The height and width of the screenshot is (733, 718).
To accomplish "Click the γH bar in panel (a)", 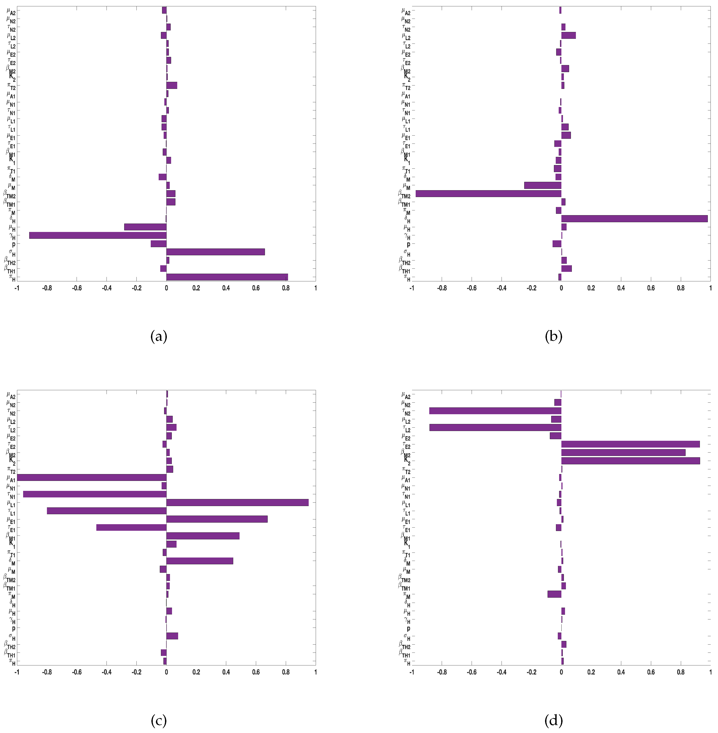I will pos(98,235).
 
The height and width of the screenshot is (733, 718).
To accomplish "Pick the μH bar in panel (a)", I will pos(145,227).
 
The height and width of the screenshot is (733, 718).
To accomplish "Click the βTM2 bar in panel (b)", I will pos(488,194).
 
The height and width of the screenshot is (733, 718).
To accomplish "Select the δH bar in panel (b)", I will pos(634,219).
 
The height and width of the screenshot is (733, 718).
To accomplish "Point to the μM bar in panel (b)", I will pos(543,185).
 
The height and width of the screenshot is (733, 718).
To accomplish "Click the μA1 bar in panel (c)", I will pos(92,478).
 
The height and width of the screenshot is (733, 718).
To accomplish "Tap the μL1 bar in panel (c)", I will pos(237,502).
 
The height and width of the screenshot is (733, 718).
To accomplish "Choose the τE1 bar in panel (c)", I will pos(131,527).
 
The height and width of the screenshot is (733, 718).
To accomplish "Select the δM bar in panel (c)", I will pos(199,561).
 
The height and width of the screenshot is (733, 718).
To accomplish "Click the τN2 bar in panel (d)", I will pos(495,411).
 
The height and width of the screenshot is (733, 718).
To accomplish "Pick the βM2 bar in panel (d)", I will pos(623,452).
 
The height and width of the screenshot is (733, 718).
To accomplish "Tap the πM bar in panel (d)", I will pos(554,594).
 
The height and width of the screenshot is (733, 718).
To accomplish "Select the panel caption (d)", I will pos(553,721).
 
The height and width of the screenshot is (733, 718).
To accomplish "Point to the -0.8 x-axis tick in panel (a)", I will pos(47,288).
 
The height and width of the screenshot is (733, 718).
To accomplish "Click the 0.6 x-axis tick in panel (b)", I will pos(651,288).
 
